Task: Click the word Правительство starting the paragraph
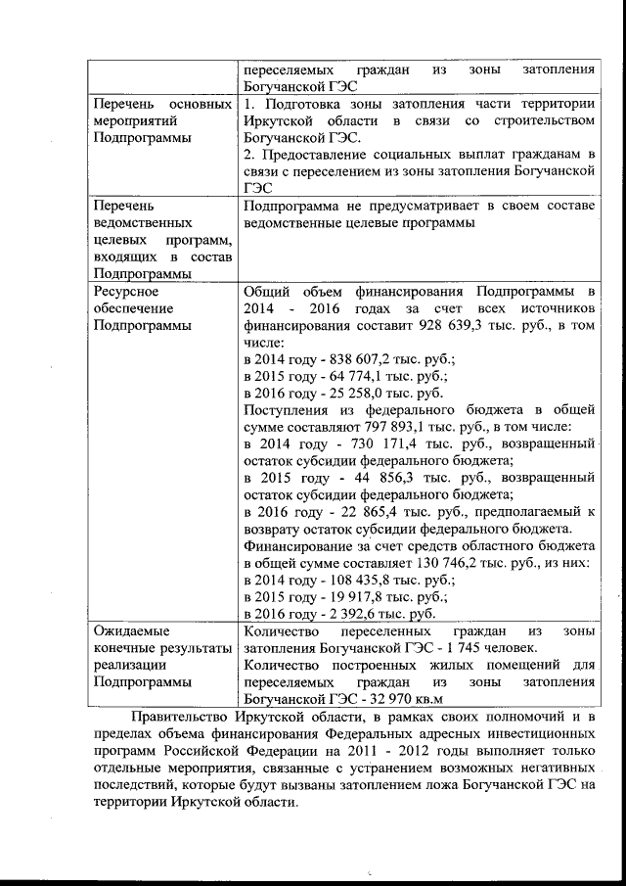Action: tap(185, 721)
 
